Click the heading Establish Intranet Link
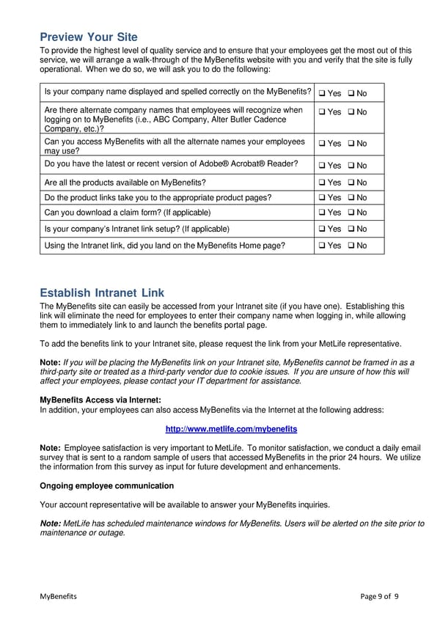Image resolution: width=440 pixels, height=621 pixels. click(x=102, y=293)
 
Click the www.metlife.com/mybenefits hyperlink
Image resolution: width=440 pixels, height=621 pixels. click(x=231, y=429)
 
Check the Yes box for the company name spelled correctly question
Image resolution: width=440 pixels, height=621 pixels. click(x=323, y=94)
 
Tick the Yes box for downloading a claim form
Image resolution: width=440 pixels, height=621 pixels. click(x=323, y=213)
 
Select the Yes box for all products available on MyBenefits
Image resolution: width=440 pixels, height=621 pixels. click(x=323, y=183)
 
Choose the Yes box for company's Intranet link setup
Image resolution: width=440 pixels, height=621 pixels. click(x=323, y=229)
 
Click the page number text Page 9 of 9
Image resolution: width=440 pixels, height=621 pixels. click(x=379, y=596)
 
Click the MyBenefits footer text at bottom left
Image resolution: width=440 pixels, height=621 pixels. click(x=58, y=596)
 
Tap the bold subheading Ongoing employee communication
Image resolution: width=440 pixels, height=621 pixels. click(x=106, y=486)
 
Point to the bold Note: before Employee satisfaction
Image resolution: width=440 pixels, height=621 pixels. click(x=50, y=447)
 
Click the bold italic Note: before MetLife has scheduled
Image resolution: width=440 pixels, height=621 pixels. click(x=51, y=523)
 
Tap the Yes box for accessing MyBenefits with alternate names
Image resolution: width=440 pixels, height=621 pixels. click(x=323, y=144)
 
